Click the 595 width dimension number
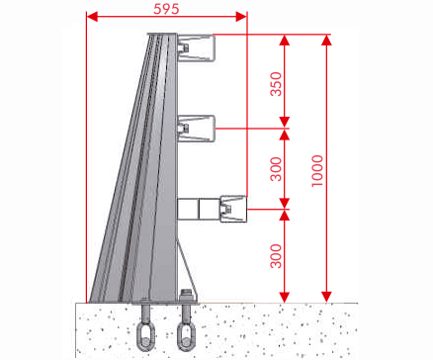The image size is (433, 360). pos(166,9)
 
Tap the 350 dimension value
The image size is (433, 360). pos(276,84)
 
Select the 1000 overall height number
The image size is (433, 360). pos(317,171)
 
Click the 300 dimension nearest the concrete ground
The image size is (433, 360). pos(276,256)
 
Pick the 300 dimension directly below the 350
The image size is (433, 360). pos(276,169)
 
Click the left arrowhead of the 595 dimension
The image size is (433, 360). pos(92,17)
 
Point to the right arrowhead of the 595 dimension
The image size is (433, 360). pos(241,17)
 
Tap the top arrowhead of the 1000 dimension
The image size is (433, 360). pos(326,40)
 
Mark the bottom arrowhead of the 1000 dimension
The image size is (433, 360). pos(326,297)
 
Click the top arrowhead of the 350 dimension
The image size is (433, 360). pos(285,40)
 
